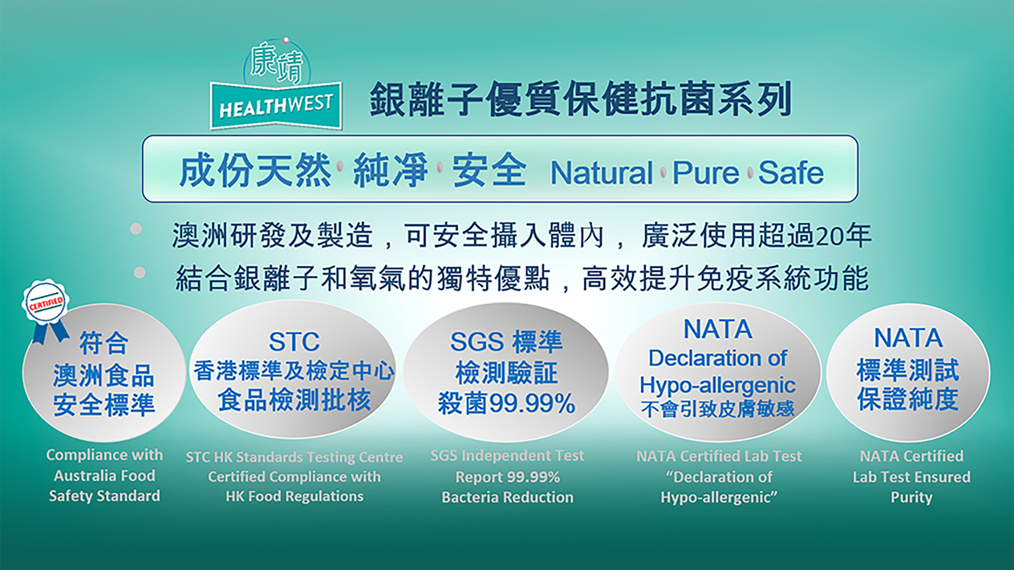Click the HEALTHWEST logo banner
click(x=276, y=105)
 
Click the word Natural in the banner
click(x=602, y=173)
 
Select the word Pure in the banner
click(x=706, y=173)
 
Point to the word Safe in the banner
click(x=791, y=173)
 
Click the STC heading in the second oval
click(x=295, y=341)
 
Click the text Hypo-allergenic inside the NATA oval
click(x=717, y=385)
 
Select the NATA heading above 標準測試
click(x=908, y=338)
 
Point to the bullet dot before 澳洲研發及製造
click(x=136, y=229)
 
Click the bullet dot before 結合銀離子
click(x=139, y=273)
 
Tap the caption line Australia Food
click(x=104, y=476)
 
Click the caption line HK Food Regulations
click(x=295, y=496)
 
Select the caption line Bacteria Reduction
click(x=508, y=497)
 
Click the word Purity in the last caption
click(x=912, y=497)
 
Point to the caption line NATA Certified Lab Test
click(x=719, y=456)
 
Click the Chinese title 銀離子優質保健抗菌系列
click(x=581, y=99)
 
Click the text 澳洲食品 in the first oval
click(x=103, y=375)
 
